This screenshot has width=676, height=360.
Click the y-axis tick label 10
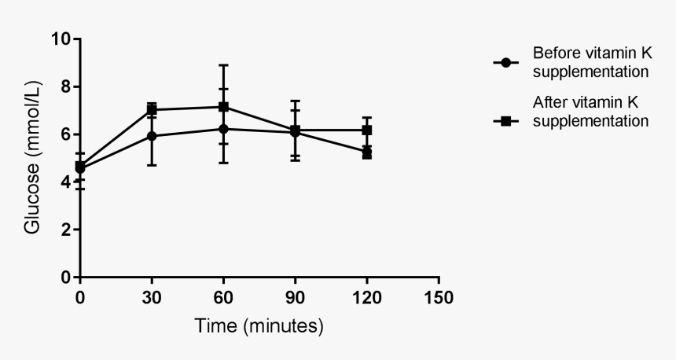[x=61, y=39]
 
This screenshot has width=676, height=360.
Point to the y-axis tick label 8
[x=66, y=86]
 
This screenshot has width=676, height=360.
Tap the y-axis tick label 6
[x=66, y=134]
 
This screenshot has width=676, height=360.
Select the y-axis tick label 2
[x=66, y=230]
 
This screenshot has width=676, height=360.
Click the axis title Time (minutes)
[x=259, y=325]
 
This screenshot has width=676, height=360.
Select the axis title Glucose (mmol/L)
[x=32, y=158]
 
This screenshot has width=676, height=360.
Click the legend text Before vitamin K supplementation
[x=590, y=63]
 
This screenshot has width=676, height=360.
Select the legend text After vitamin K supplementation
[x=590, y=112]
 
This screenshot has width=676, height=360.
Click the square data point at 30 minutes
[x=152, y=110]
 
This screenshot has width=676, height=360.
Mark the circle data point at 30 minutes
[x=152, y=136]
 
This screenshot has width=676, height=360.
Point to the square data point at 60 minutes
[x=223, y=107]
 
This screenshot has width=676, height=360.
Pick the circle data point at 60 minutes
[x=223, y=129]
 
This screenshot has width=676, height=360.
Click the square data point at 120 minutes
[x=367, y=130]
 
